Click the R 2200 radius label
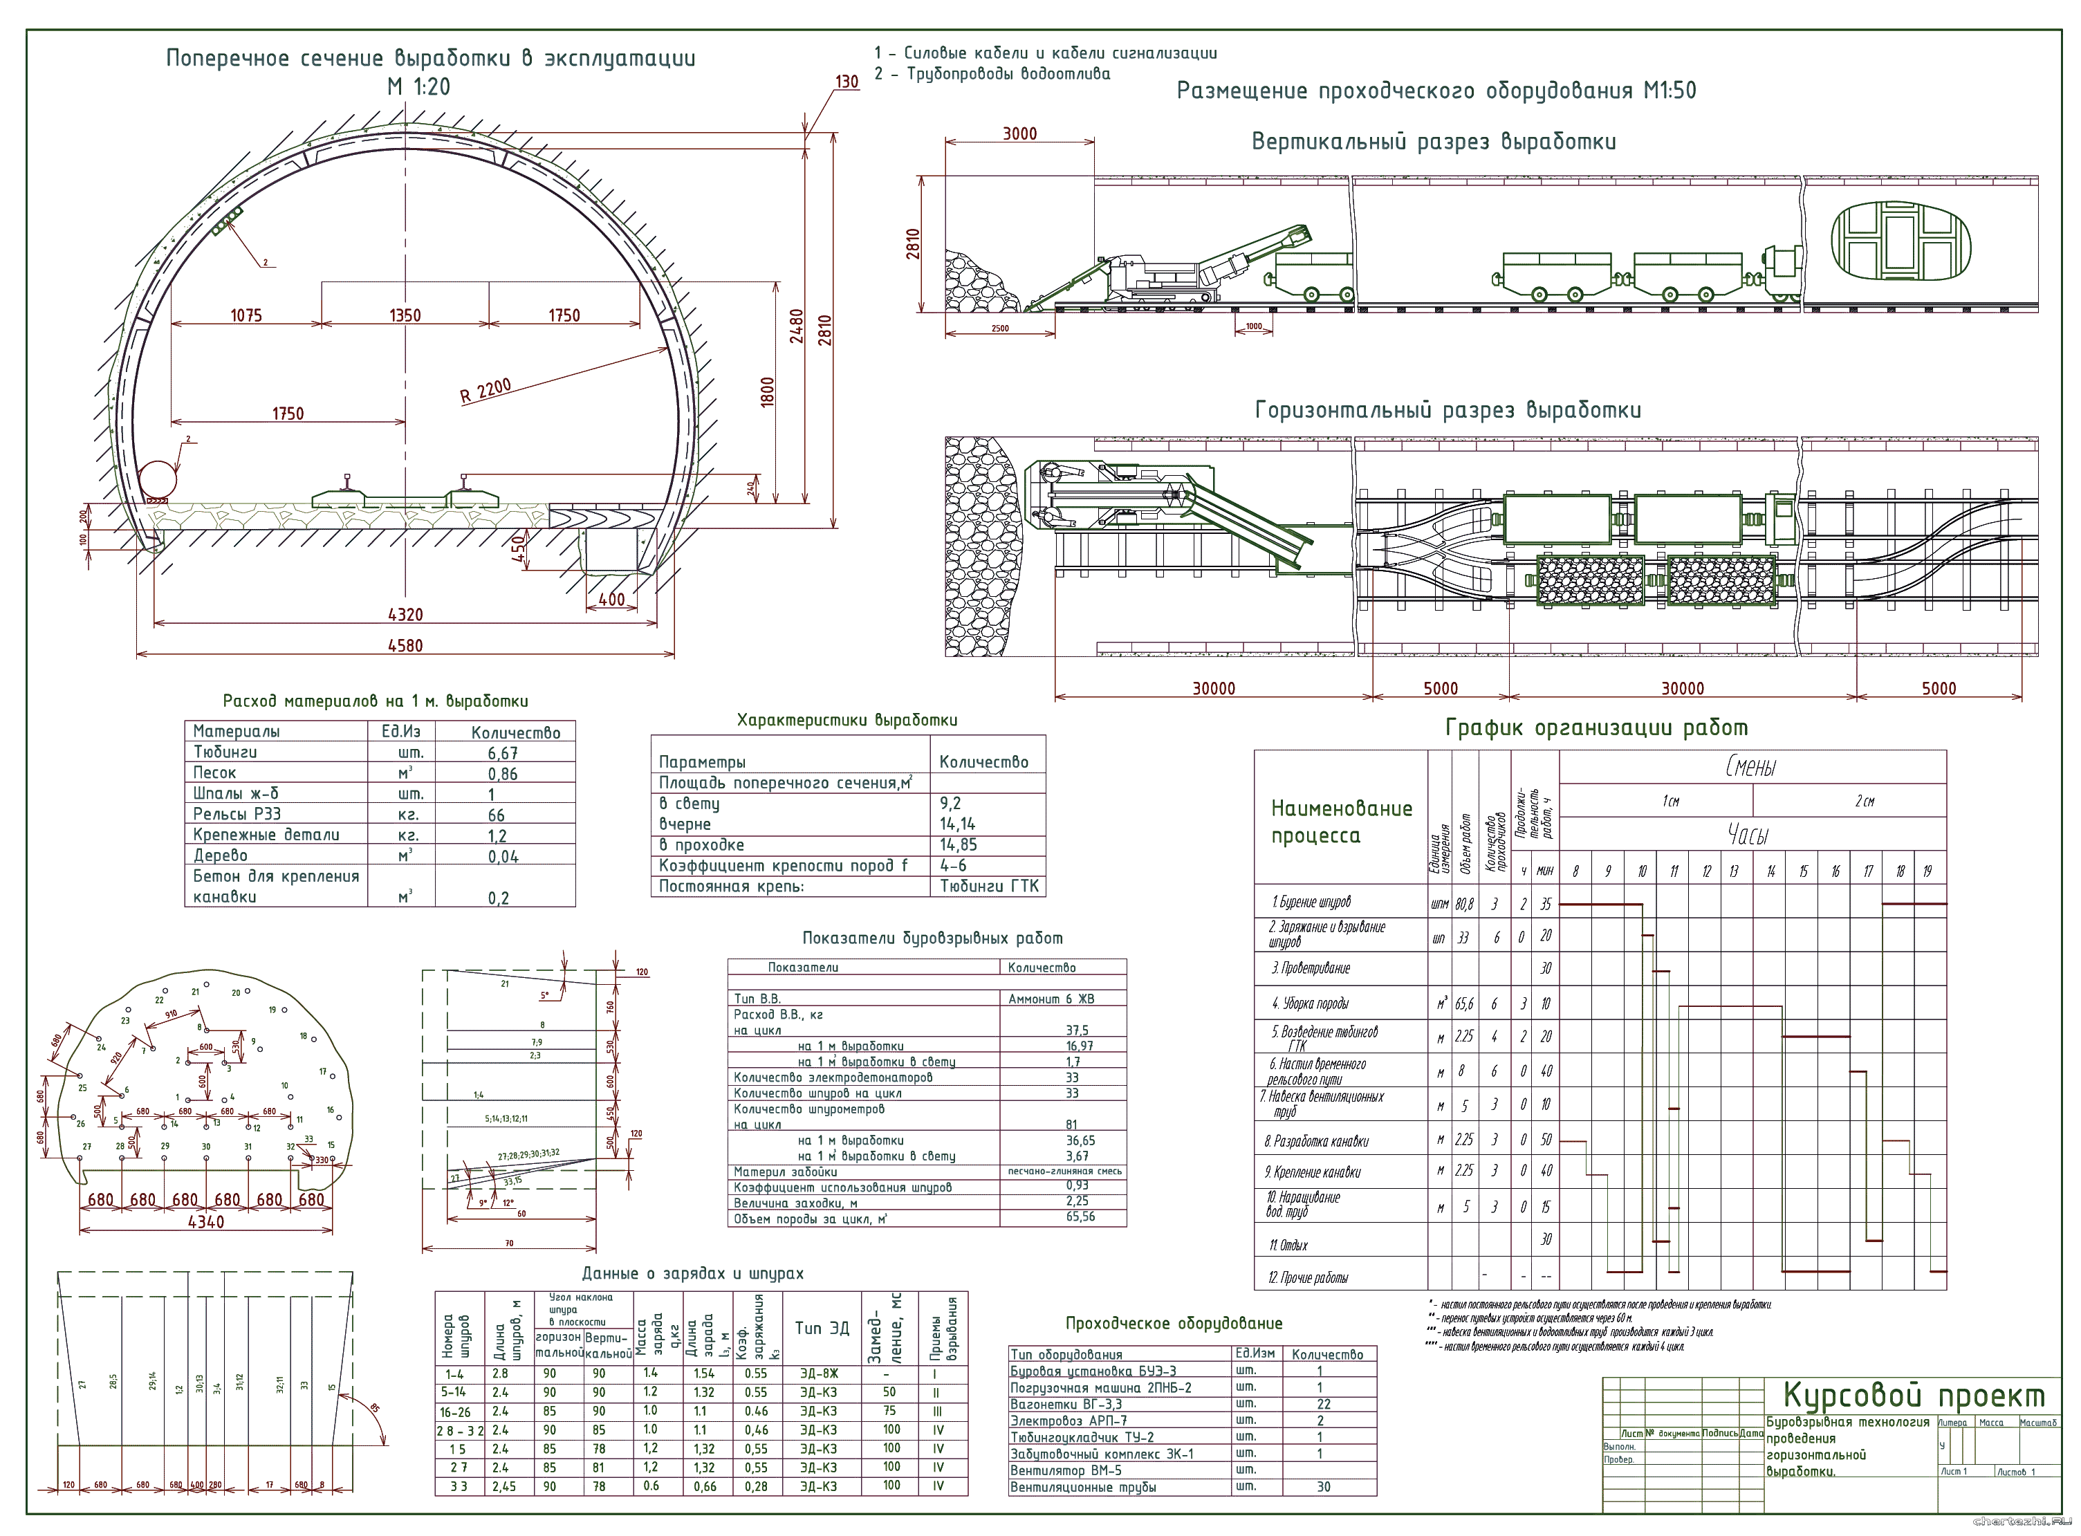click(x=485, y=389)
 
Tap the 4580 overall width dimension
click(x=405, y=645)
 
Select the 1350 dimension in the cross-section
click(x=405, y=315)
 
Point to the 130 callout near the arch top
click(x=846, y=82)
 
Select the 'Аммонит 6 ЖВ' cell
click(x=1051, y=999)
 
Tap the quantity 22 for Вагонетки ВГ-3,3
click(x=1323, y=1404)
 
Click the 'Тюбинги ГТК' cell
click(x=988, y=886)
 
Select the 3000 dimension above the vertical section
click(x=1019, y=134)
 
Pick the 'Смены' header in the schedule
click(x=1751, y=767)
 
